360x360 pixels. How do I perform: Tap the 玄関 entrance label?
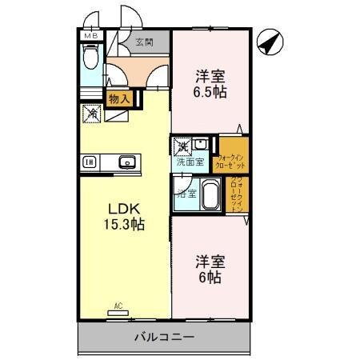(x=144, y=42)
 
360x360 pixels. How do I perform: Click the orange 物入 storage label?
(x=122, y=98)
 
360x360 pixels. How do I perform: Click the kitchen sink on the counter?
(x=127, y=162)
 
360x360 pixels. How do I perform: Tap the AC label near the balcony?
(x=118, y=305)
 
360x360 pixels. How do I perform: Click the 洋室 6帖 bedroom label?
(x=210, y=270)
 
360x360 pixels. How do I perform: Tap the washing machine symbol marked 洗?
(x=182, y=146)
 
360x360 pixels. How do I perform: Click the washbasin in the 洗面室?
(x=199, y=145)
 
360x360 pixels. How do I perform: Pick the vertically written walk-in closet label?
(x=238, y=193)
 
